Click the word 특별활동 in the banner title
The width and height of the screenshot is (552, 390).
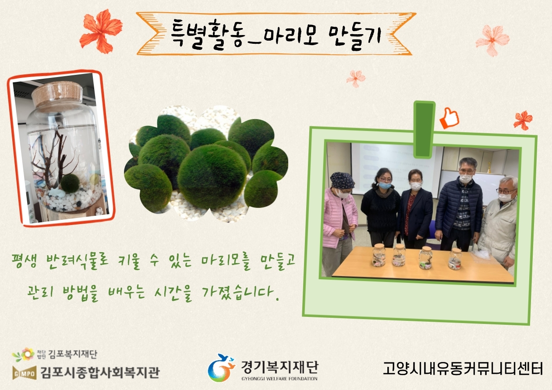[208, 35]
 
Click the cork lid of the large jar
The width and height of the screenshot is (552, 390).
[57, 95]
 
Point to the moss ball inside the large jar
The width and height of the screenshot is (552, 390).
[70, 183]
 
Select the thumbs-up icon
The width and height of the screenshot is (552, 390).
[449, 118]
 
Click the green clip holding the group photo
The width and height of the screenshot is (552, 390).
[425, 130]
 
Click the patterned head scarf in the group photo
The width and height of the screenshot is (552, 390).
[342, 180]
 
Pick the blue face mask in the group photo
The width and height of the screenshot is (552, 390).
[385, 185]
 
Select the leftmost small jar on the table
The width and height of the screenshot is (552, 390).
[379, 255]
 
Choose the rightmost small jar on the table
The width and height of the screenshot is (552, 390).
[455, 259]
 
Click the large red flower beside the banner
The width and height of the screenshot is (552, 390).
[101, 31]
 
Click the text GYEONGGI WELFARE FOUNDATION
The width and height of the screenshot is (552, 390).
[279, 379]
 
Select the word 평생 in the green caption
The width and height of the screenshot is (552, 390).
[24, 261]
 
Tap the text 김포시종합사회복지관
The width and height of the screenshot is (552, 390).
[100, 372]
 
